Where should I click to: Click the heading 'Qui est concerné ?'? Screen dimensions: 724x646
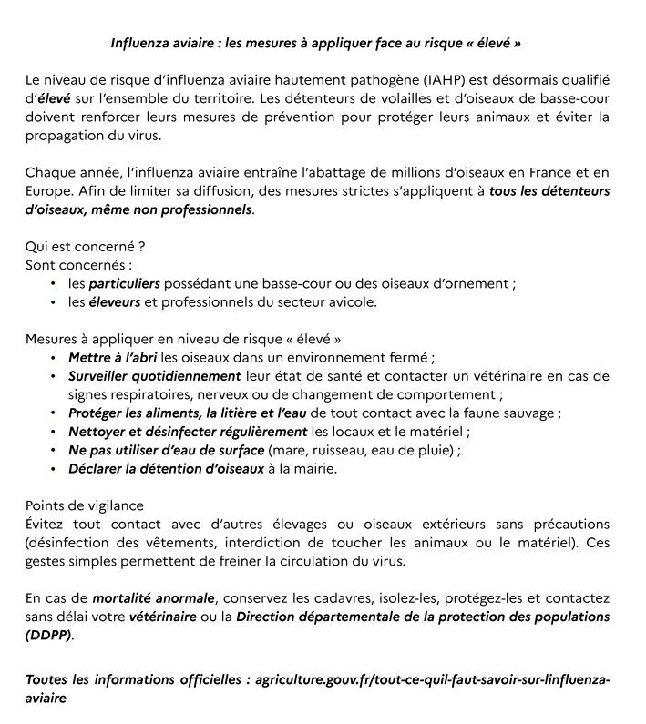coord(86,247)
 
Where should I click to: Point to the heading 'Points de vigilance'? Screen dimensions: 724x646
coord(84,505)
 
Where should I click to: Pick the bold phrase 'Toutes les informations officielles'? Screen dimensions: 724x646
coord(135,680)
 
